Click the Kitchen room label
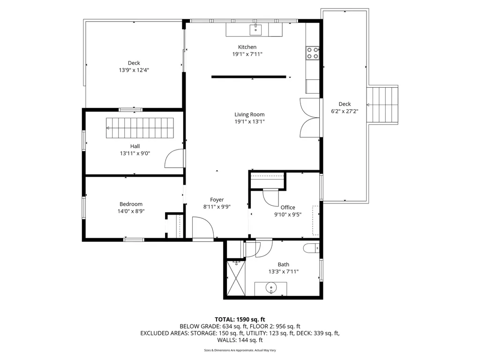(247, 47)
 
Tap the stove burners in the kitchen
(312, 53)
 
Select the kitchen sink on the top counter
(256, 29)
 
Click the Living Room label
(249, 114)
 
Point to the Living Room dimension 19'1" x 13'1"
(249, 121)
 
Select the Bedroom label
(131, 204)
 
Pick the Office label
(288, 207)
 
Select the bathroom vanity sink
(271, 287)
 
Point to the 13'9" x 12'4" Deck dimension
(134, 70)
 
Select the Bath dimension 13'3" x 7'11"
(283, 271)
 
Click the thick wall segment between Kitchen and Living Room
(248, 77)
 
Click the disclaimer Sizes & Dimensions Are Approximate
(240, 350)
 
